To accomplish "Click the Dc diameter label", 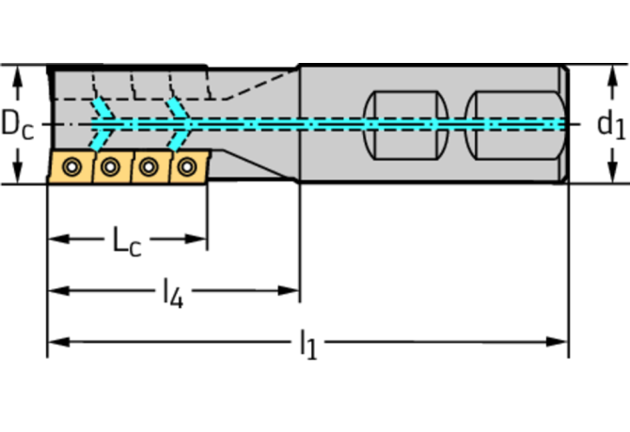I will [17, 124].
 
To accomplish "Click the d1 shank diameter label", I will [610, 124].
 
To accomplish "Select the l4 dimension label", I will [171, 295].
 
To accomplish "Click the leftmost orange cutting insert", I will [71, 167].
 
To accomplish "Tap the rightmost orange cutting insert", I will [186, 166].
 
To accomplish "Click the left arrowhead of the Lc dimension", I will [55, 239].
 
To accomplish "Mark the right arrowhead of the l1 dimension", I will [561, 340].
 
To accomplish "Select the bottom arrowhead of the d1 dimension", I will [610, 176].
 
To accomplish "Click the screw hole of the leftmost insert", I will [71, 167].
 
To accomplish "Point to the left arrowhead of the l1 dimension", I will [55, 340].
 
